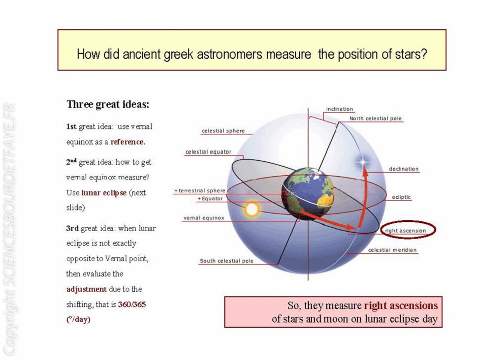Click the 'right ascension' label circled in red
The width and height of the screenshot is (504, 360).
(406, 231)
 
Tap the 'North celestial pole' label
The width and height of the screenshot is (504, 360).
(376, 119)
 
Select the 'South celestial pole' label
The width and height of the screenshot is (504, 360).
(226, 261)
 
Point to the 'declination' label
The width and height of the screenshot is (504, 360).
(404, 169)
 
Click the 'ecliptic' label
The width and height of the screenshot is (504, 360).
(401, 197)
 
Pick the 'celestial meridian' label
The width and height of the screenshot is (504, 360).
(392, 250)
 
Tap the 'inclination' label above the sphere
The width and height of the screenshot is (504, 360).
(340, 109)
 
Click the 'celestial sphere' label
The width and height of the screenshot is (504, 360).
(223, 131)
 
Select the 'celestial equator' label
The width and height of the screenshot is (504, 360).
(208, 152)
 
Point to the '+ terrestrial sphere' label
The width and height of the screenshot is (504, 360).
(200, 190)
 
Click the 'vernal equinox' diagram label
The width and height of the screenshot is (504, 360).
(204, 218)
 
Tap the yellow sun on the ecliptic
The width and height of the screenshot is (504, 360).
(252, 210)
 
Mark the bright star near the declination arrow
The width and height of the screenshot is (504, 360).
(363, 161)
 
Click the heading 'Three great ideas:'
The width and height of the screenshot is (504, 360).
(108, 105)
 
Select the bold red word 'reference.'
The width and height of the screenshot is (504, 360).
(128, 142)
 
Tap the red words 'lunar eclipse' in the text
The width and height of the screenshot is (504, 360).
(104, 193)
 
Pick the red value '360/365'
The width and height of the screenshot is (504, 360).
(132, 304)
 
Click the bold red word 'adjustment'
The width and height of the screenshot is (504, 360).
(87, 289)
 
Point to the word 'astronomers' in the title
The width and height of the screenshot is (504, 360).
(230, 54)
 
